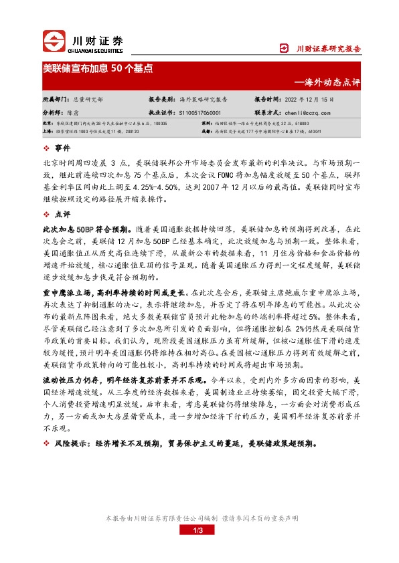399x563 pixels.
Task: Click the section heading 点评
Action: point(62,215)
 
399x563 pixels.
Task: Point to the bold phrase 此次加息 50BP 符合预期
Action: point(83,229)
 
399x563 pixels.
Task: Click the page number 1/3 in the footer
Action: point(197,530)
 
